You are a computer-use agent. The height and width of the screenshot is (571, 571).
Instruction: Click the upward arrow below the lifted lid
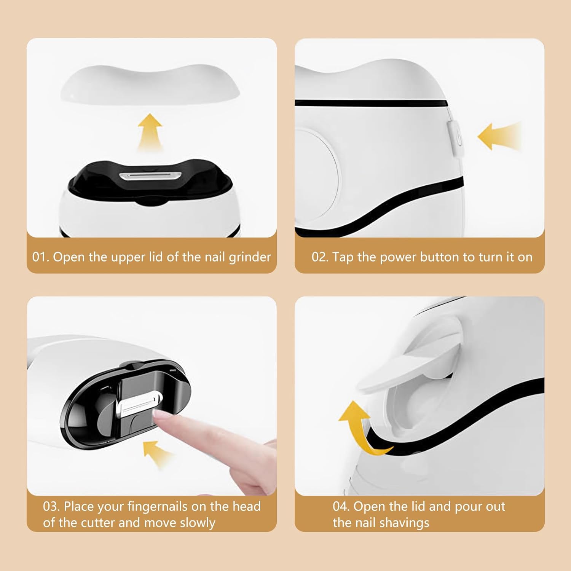point(150,132)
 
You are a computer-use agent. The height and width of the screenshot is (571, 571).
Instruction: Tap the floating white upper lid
point(150,85)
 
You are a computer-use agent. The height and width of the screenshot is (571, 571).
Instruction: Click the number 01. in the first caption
point(41,257)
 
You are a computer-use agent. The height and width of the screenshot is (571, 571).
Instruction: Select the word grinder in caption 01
point(250,258)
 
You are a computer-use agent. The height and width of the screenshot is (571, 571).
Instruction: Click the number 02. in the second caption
point(320,257)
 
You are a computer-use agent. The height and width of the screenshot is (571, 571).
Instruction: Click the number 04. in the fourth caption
point(341,507)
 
